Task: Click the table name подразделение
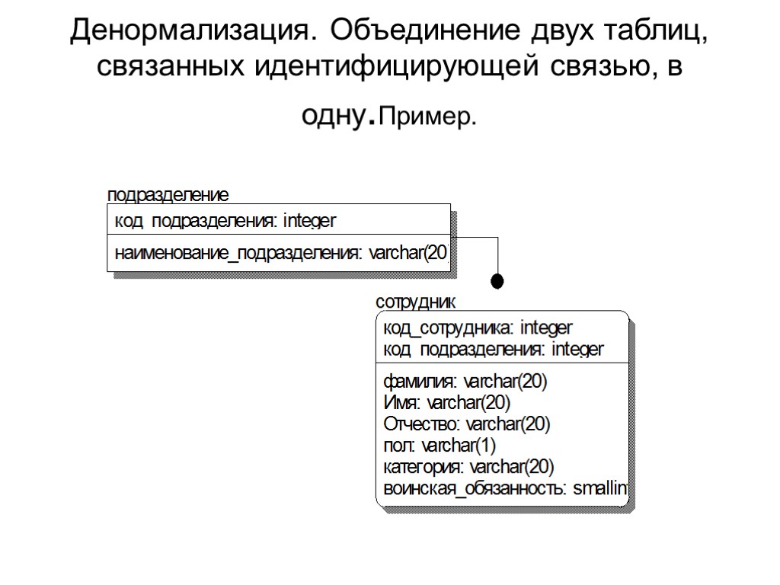(x=168, y=195)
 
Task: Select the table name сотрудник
(x=415, y=302)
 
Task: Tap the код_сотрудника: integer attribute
(x=478, y=328)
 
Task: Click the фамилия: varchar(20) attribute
(x=465, y=381)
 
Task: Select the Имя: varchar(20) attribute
(x=446, y=402)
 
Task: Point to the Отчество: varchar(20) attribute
(x=466, y=424)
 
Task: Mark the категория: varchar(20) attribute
(x=468, y=466)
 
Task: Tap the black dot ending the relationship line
(x=497, y=280)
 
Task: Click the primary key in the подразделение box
(x=225, y=221)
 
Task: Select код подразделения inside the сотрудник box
(x=493, y=350)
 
